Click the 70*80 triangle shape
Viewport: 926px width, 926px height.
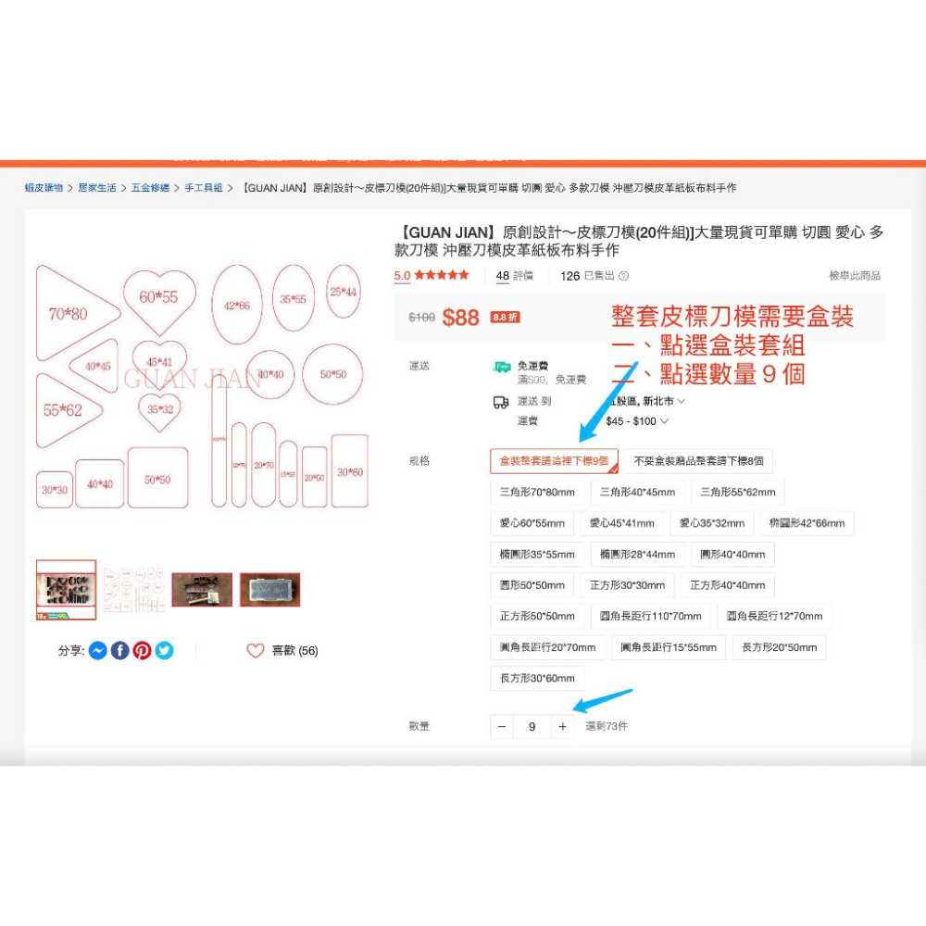tap(72, 313)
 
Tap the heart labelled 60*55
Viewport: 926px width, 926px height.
tap(158, 298)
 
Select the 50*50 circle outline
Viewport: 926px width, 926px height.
tap(332, 374)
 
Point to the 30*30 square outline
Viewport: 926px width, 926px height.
tap(54, 489)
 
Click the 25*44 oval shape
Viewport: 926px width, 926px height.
tap(343, 292)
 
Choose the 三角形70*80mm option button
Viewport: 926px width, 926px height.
tap(537, 493)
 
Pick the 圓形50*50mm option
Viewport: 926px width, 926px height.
tap(532, 585)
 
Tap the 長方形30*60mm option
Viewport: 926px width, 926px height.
tap(537, 678)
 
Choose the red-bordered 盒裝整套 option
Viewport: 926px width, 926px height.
tap(554, 461)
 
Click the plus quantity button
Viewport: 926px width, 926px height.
tap(562, 727)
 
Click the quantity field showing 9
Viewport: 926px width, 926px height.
tap(532, 727)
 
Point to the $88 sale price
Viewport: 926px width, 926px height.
tap(460, 318)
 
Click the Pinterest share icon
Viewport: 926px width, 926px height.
tap(142, 651)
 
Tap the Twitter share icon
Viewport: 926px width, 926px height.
tap(164, 651)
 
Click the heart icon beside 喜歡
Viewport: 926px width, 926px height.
tap(256, 651)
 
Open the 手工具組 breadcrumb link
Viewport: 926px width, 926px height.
tap(204, 188)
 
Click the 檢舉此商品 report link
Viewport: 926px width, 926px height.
tap(854, 276)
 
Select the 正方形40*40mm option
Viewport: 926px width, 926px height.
tap(727, 585)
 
